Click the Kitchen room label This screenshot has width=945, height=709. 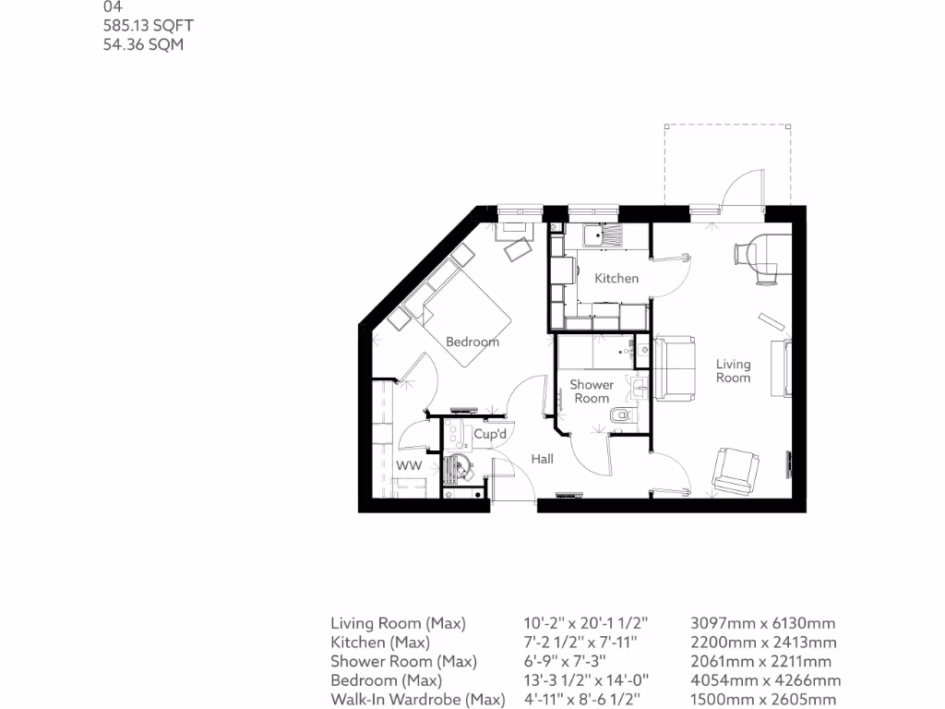click(616, 278)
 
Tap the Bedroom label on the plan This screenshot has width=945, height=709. click(472, 342)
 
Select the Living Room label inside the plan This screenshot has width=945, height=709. click(733, 370)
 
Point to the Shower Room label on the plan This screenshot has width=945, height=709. click(592, 391)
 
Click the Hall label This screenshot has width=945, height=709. click(542, 458)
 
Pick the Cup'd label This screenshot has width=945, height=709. click(490, 434)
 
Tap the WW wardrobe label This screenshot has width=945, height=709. click(409, 466)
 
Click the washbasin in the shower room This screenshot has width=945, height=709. click(640, 384)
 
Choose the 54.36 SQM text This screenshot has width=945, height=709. click(143, 44)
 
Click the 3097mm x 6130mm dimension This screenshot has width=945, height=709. click(763, 623)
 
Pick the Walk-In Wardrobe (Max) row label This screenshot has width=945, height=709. click(418, 700)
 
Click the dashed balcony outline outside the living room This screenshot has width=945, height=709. click(727, 127)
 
